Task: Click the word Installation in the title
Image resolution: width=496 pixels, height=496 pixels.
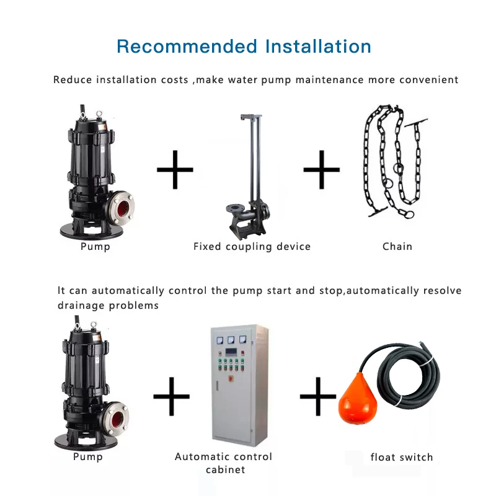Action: [x=317, y=46]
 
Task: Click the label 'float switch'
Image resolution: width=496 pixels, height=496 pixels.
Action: [x=402, y=458]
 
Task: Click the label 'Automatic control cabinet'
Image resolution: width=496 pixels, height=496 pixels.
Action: [x=224, y=463]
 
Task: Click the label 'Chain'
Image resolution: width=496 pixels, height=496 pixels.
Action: [x=397, y=246]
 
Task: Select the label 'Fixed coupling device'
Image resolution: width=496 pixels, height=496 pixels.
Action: [x=252, y=246]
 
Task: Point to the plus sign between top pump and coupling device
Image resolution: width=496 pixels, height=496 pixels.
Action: [x=174, y=169]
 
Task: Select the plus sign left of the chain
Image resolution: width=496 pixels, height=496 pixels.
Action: [x=321, y=169]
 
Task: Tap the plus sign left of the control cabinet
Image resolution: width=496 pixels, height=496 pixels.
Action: [x=171, y=397]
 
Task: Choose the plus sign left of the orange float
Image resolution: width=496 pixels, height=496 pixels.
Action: [x=318, y=397]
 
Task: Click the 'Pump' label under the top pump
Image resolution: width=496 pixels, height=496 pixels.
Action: [x=95, y=247]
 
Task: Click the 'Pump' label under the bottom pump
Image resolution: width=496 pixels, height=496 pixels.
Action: [x=88, y=457]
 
